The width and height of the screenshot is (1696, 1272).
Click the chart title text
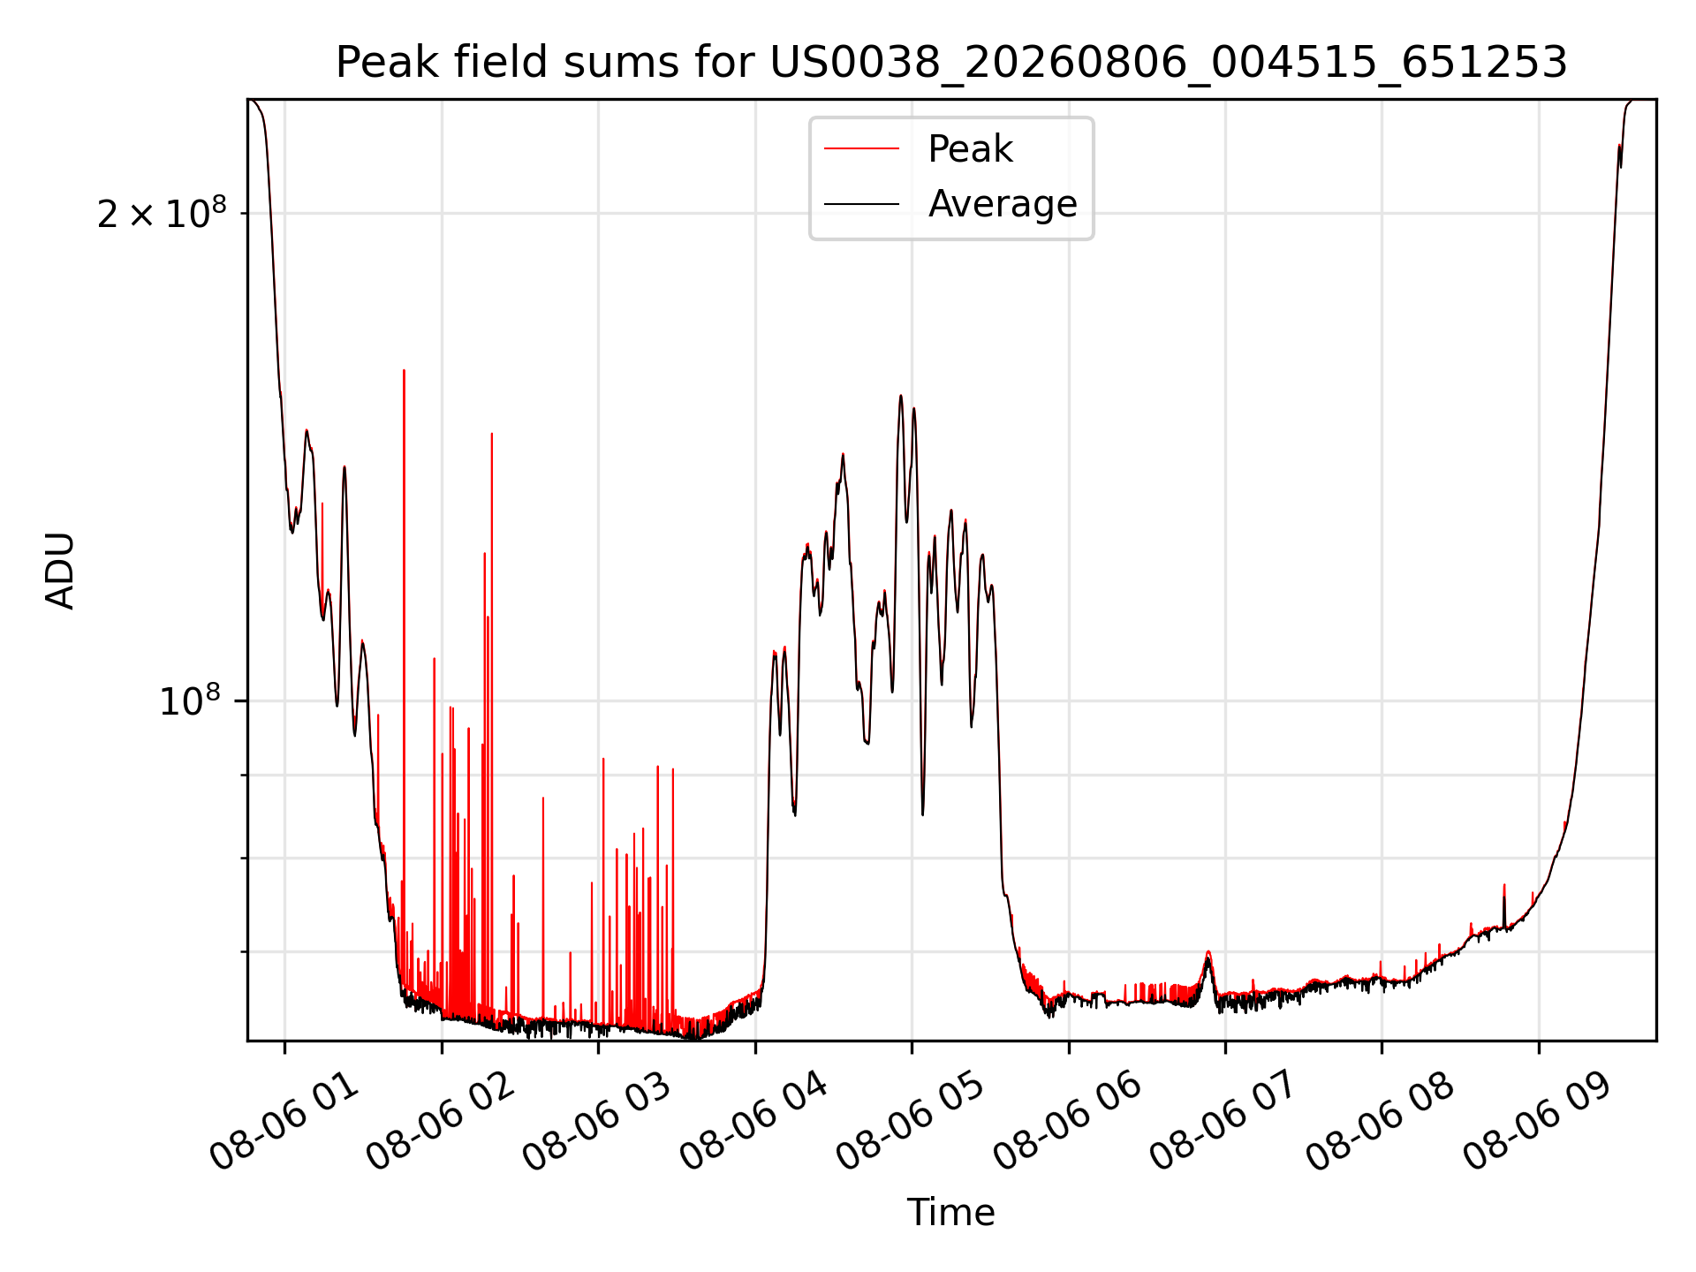pos(951,63)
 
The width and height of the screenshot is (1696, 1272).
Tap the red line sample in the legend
pos(861,149)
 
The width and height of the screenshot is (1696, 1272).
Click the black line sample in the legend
pos(861,204)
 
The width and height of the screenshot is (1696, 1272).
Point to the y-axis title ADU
pos(60,571)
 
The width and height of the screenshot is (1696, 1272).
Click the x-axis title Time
pos(951,1213)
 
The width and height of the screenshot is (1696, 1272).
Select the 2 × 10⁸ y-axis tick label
pos(162,213)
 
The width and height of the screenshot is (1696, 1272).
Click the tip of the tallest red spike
pos(404,370)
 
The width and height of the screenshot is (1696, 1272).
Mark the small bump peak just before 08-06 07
pos(1208,952)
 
